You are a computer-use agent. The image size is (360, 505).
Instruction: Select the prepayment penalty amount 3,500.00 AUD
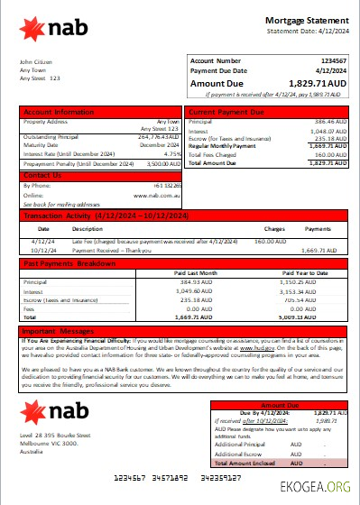[162, 164]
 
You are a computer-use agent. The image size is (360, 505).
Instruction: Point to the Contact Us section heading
[43, 175]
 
